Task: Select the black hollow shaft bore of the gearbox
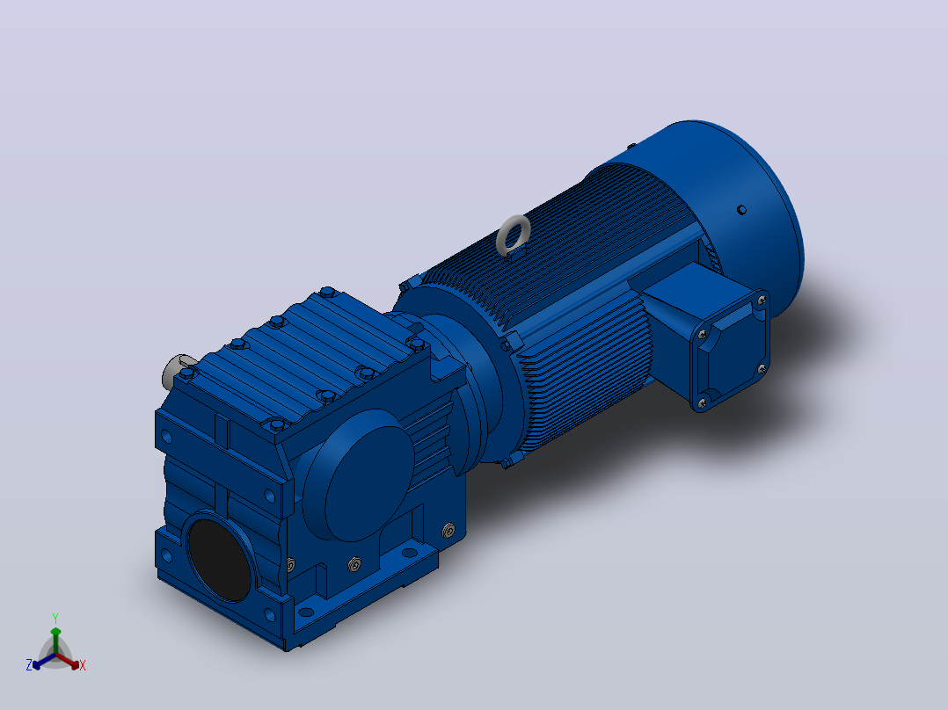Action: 220,560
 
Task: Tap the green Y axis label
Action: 55,619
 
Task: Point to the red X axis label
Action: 83,665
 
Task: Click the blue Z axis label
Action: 28,665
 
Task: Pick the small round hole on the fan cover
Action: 742,210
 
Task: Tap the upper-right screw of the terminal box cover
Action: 762,300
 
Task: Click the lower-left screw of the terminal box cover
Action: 702,402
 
